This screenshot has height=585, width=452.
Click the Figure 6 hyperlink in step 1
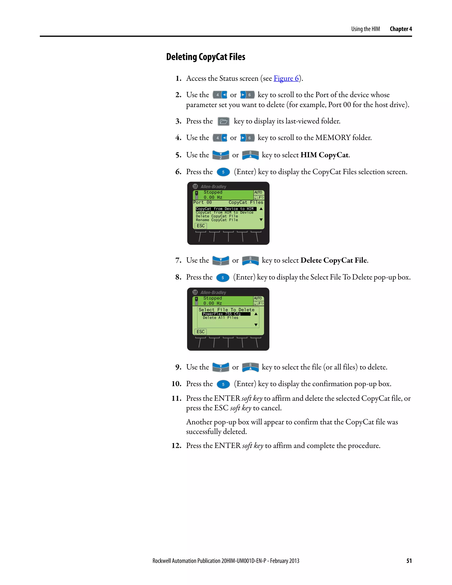point(286,79)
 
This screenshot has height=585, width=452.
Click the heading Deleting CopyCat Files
point(205,57)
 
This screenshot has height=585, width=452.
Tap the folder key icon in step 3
point(223,122)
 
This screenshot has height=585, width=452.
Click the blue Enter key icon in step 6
point(223,172)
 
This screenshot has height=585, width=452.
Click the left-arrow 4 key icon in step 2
point(220,95)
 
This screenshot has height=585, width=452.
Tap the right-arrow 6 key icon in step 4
point(247,138)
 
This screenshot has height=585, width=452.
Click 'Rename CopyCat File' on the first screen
point(217,220)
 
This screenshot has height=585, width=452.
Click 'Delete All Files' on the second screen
point(220,318)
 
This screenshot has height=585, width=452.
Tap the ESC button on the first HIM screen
point(201,226)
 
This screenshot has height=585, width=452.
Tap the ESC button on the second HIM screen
point(200,332)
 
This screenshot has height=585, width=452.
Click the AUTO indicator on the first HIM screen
point(258,192)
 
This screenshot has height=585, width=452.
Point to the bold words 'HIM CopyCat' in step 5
point(324,155)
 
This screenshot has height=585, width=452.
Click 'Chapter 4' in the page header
point(401,29)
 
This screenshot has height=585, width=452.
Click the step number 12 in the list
point(177,446)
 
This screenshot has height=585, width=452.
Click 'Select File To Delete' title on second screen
point(226,310)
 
